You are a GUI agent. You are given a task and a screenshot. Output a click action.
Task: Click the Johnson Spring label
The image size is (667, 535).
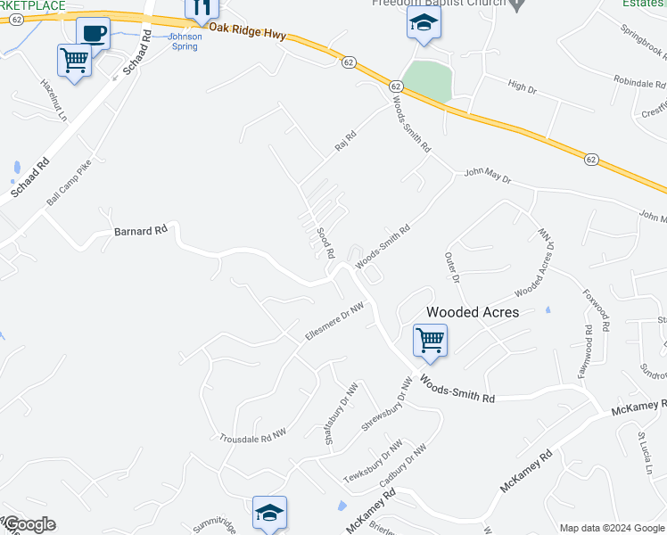pyautogui.click(x=185, y=41)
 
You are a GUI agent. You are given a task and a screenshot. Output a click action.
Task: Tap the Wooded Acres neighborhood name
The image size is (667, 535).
pyautogui.click(x=473, y=312)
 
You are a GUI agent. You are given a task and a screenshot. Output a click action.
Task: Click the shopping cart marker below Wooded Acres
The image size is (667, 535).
pyautogui.click(x=430, y=340)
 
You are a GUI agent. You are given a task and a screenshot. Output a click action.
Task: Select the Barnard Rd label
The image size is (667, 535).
pyautogui.click(x=141, y=231)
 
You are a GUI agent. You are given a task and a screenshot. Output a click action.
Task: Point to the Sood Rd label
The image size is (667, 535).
pyautogui.click(x=325, y=243)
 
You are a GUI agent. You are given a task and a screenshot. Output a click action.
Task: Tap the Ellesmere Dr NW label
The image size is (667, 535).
pyautogui.click(x=335, y=321)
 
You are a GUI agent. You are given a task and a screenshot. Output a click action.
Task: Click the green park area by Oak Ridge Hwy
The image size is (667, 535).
pyautogui.click(x=426, y=80)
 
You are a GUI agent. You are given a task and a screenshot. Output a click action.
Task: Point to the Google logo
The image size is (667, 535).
pyautogui.click(x=29, y=524)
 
